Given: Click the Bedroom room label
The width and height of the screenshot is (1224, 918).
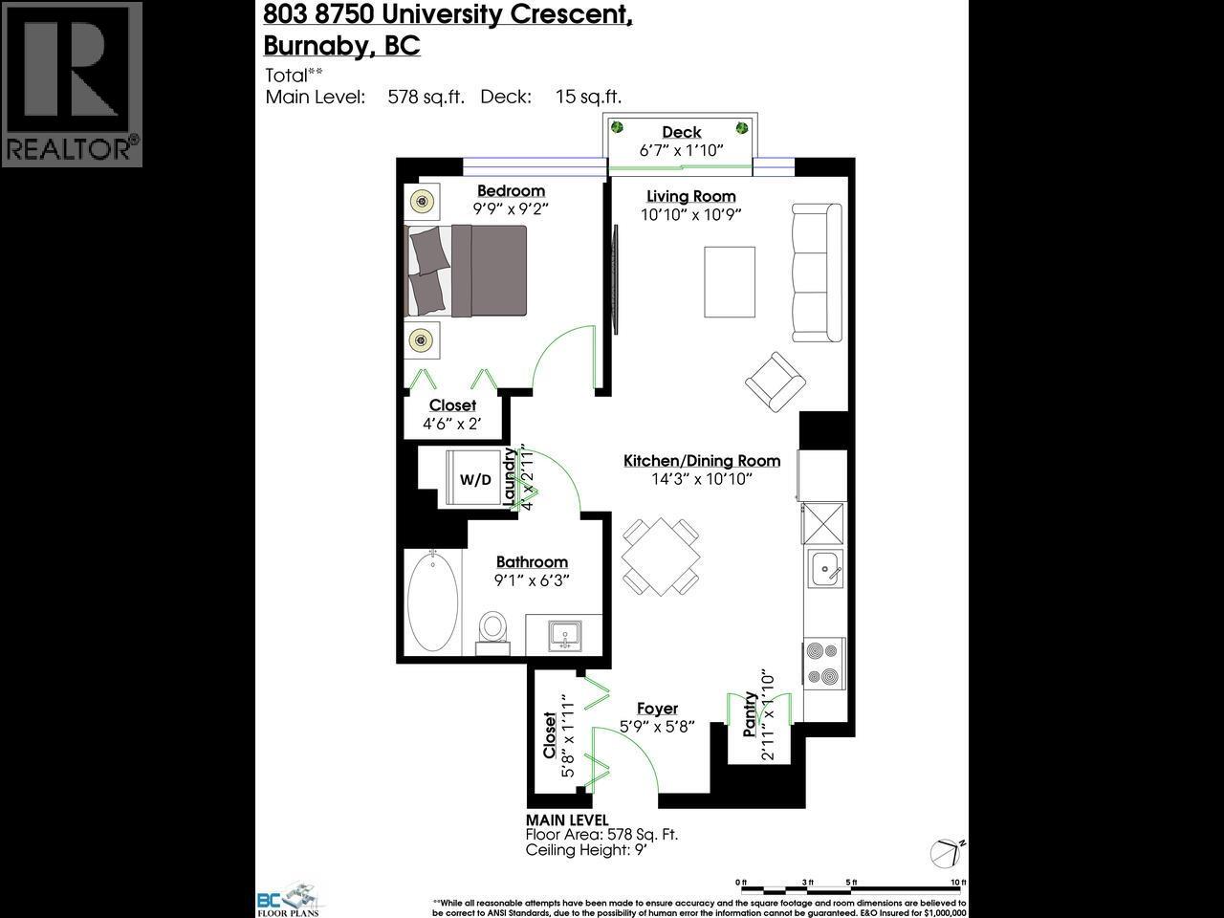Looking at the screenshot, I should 511,190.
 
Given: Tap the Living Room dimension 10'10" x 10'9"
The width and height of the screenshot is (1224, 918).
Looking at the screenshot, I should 690,214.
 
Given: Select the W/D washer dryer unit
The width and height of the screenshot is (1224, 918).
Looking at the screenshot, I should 475,479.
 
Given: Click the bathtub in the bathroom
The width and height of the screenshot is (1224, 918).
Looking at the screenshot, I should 432,601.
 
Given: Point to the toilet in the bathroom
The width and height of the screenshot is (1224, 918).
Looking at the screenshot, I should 493,631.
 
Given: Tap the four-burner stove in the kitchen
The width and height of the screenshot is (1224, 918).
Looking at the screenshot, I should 824,662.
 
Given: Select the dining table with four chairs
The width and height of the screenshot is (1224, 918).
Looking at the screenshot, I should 660,557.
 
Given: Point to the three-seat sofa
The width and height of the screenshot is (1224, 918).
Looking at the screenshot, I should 817,273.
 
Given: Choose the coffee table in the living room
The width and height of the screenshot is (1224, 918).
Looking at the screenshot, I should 730,282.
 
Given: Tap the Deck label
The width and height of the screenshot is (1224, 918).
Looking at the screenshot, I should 681,132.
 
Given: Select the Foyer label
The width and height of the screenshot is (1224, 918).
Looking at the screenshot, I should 657,709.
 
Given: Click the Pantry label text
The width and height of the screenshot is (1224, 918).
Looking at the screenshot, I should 752,712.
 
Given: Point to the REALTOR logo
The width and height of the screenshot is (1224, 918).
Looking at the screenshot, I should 73,84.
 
